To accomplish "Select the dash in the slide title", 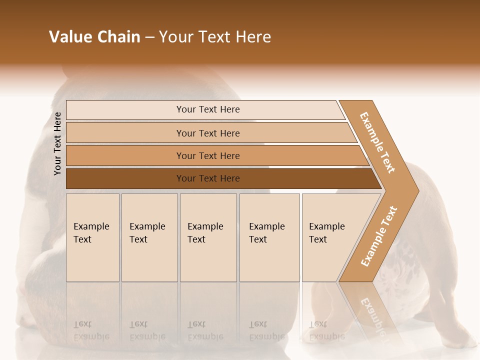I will point(149,37).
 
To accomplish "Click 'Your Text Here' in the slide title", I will point(215,37).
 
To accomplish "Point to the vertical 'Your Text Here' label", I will point(57,143).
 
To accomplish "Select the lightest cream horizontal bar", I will point(207,109).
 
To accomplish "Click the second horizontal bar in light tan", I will point(207,133).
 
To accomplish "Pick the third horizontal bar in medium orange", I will point(207,155).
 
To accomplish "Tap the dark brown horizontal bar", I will point(207,178).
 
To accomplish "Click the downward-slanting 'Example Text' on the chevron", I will point(377,142).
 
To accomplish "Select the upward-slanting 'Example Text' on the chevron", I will point(379,236).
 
